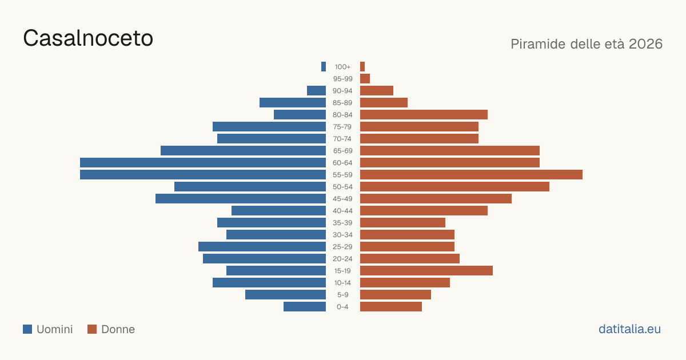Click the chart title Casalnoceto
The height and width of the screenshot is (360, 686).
tap(88, 38)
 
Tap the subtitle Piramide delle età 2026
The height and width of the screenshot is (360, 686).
tap(587, 44)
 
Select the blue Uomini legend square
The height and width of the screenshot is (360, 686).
tap(27, 329)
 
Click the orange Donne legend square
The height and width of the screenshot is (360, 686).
tap(92, 329)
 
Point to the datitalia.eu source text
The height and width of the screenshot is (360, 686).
tap(629, 329)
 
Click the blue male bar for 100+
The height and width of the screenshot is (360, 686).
tap(324, 66)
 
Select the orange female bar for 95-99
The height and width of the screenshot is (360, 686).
tap(365, 79)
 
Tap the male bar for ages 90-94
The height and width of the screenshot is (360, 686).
tap(316, 91)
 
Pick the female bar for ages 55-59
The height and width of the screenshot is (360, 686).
tap(471, 174)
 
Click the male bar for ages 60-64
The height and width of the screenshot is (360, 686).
tap(203, 162)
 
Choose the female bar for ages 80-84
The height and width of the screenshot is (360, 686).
tap(424, 115)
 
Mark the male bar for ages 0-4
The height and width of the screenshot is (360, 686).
tap(305, 307)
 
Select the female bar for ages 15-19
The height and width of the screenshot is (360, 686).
tap(426, 271)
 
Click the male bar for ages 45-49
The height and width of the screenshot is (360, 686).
tap(241, 199)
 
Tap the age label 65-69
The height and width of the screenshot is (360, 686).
tap(342, 151)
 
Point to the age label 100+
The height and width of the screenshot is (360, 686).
tap(342, 67)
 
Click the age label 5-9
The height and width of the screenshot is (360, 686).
tap(342, 295)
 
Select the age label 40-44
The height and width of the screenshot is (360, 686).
tap(342, 211)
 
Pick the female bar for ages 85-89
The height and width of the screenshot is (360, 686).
tap(384, 102)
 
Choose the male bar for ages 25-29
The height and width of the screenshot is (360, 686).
tap(262, 247)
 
